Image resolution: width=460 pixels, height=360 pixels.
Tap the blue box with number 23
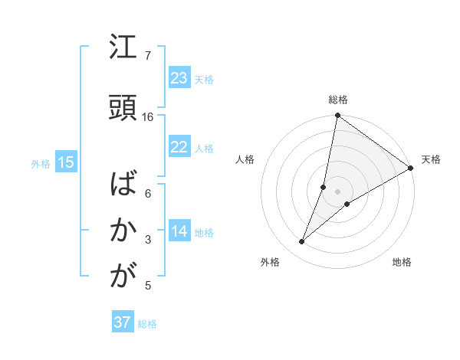[x=179, y=78]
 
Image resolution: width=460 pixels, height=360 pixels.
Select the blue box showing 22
[x=179, y=148]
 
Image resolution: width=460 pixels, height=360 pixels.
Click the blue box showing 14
[x=179, y=232]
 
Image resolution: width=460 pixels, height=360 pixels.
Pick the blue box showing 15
[x=66, y=162]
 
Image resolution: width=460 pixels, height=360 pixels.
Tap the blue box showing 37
[x=122, y=322]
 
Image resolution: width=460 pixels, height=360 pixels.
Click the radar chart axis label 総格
[x=337, y=100]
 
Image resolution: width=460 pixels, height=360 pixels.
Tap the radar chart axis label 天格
[x=431, y=159]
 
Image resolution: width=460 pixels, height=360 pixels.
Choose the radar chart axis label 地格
[x=402, y=262]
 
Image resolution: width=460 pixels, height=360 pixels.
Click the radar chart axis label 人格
[x=245, y=159]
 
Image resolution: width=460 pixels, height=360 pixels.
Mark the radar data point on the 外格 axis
[x=301, y=242]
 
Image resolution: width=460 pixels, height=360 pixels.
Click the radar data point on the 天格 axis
[x=411, y=168]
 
